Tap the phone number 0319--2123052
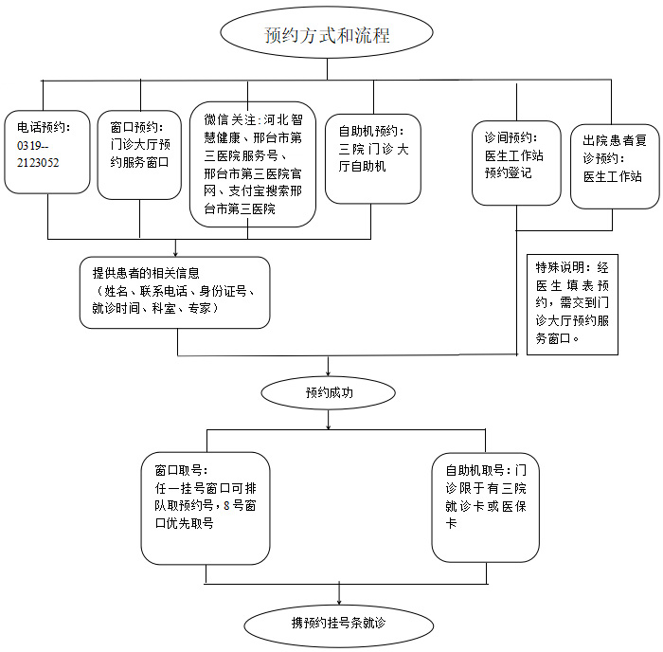(x=38, y=154)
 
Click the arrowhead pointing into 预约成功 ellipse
(x=328, y=373)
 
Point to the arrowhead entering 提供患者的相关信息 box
(x=175, y=254)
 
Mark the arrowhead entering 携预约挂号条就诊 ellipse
(x=339, y=601)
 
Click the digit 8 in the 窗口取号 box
(x=226, y=506)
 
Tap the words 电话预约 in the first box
(x=41, y=127)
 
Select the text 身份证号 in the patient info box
(x=223, y=291)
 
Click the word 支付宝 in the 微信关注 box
(x=246, y=191)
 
